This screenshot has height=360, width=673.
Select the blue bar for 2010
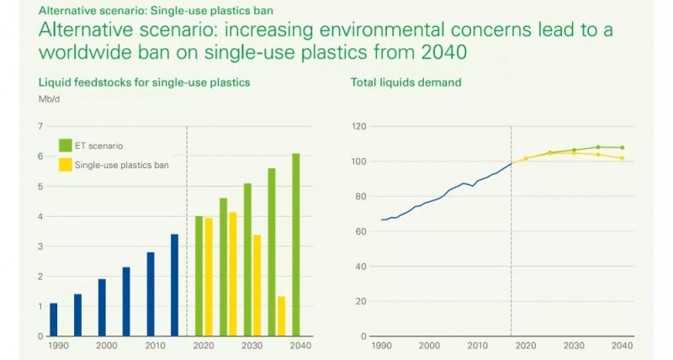coord(151,294)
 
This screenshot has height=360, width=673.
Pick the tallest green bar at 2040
coord(296,245)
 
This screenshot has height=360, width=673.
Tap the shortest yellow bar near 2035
coord(282,316)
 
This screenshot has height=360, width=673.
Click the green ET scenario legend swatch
coord(65,144)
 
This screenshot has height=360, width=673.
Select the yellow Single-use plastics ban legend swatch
coord(65,165)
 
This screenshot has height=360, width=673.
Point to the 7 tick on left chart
coord(40,126)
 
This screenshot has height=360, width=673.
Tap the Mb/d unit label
coord(49,98)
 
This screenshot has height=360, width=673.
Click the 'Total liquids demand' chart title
coord(406,82)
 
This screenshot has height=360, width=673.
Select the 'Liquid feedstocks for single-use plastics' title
coord(144,82)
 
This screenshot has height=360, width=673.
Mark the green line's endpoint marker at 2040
coord(622,147)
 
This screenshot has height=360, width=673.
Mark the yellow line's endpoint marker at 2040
coord(622,158)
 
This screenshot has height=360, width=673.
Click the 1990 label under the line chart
coord(383,346)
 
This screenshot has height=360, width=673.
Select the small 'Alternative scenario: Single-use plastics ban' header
coord(127,9)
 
